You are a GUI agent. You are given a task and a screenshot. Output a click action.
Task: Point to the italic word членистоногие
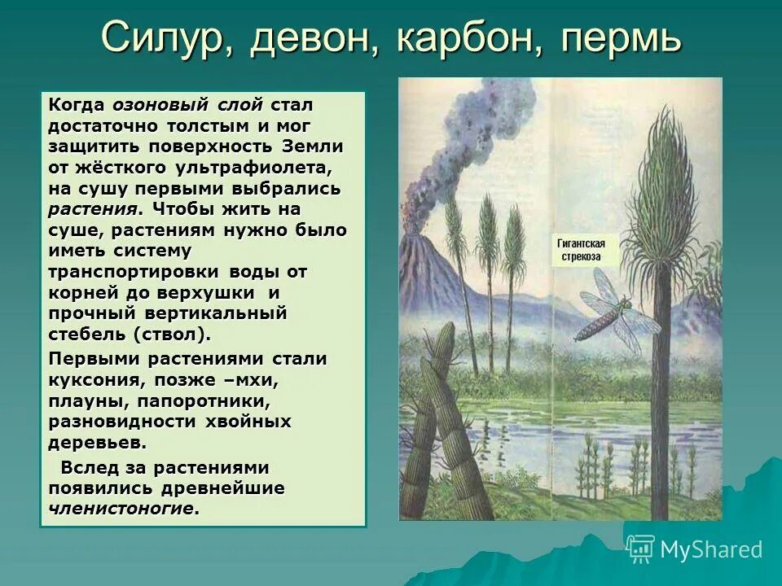click(123, 509)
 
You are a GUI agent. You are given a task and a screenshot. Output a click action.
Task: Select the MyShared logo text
click(711, 549)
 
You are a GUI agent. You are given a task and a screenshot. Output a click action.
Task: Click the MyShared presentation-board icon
click(641, 549)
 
